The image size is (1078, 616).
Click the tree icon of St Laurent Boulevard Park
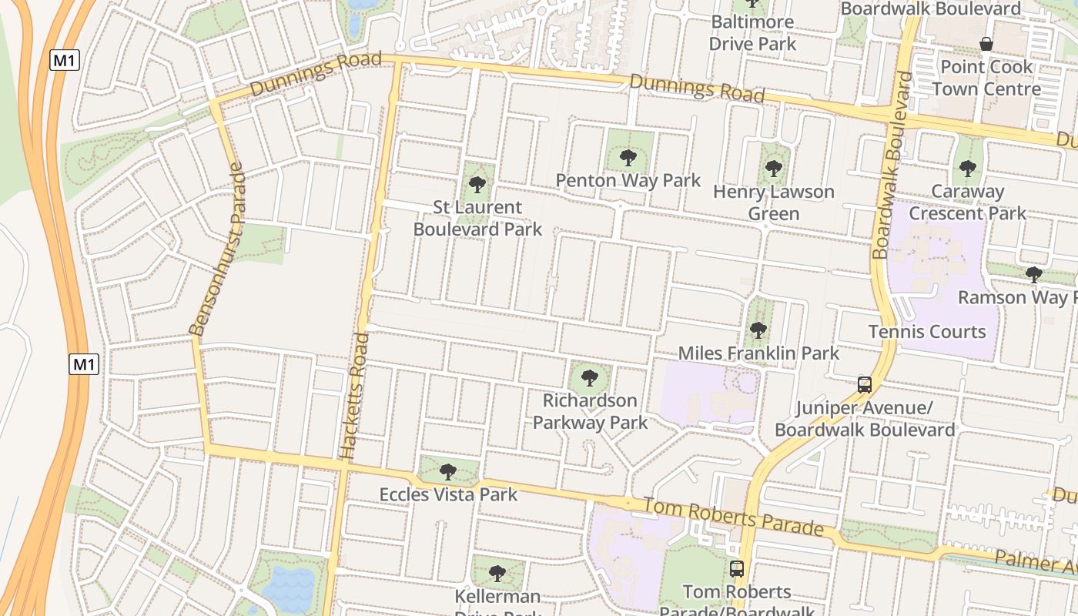477,185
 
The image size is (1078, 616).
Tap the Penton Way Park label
628,181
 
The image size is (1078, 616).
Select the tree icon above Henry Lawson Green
774,169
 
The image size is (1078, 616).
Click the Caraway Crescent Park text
968,202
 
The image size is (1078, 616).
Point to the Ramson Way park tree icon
1034,274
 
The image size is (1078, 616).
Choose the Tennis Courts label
927,332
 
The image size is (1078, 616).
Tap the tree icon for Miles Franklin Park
758,330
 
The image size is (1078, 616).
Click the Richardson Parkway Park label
590,411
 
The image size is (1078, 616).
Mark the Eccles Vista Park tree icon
448,471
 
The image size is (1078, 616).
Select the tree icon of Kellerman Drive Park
497,573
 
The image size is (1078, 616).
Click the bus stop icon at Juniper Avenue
865,384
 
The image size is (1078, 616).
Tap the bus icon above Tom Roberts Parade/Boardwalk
737,569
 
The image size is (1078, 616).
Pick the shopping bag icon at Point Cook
986,44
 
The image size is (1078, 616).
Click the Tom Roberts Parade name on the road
733,517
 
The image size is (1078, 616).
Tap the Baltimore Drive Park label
752,32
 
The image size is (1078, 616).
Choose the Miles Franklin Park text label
758,353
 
